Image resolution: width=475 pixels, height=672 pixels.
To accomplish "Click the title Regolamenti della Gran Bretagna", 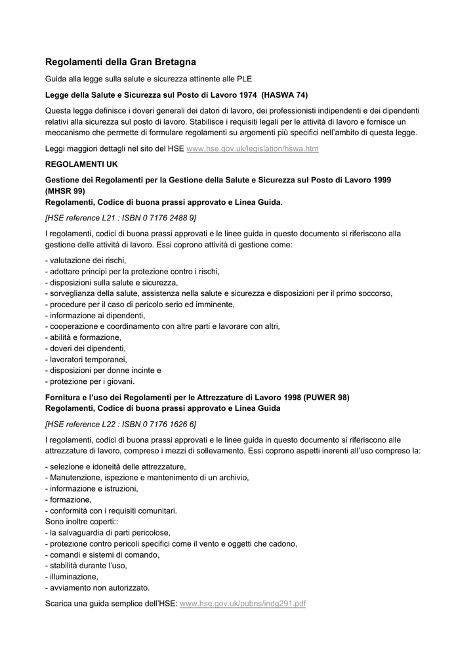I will pos(120,62).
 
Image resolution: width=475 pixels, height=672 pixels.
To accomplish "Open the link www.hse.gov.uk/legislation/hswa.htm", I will pos(253,149).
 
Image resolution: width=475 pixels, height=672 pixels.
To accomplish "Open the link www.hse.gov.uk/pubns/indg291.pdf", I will pos(243,603).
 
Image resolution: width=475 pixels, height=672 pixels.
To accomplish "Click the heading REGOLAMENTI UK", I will pos(81,163).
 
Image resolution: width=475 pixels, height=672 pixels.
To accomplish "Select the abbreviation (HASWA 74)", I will pos(285,94).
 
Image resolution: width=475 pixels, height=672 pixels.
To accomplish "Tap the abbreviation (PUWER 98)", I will pos(327,397).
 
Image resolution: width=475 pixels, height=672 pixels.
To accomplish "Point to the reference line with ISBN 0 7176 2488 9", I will pos(121,217).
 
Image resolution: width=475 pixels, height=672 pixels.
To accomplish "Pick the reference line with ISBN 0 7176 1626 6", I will pos(121,424).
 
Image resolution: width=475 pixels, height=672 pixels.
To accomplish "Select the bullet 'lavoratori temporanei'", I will pos(86,360).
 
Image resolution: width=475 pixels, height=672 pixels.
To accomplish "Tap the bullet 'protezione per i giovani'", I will pos(89,381).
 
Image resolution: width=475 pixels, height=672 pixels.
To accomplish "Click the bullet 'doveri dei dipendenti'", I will pos(85,348).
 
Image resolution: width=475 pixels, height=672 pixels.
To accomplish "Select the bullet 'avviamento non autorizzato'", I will pos(97,587).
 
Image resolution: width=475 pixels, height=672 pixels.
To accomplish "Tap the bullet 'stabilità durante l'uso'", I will pos(86,566).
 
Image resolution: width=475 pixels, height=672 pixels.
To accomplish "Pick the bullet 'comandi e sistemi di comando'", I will pos(102,555).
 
